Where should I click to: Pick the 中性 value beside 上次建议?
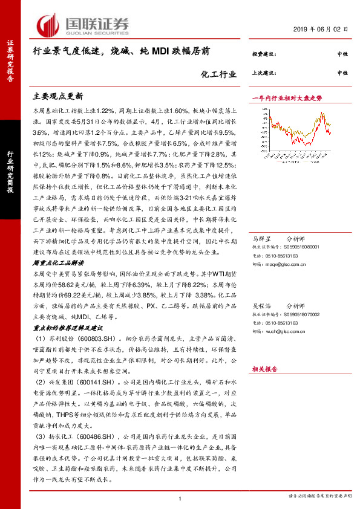(342, 73)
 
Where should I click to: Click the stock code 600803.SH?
(91, 339)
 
